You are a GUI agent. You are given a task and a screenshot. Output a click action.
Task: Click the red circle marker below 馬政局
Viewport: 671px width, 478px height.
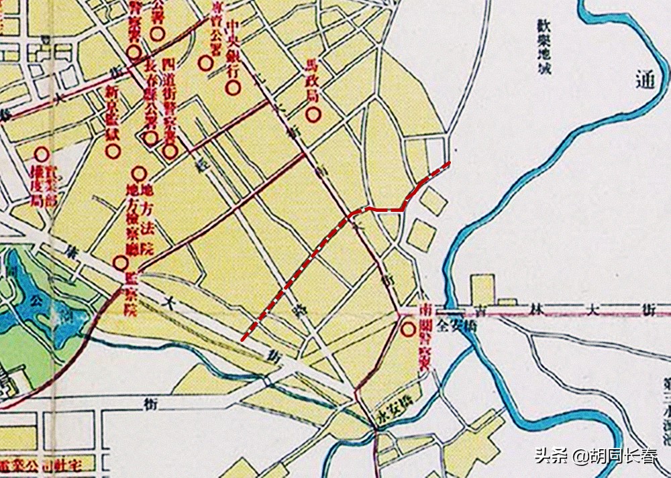313,115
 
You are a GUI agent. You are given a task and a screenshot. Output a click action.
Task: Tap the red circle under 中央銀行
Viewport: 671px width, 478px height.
233,87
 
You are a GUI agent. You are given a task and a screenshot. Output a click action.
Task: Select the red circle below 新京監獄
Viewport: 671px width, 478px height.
113,152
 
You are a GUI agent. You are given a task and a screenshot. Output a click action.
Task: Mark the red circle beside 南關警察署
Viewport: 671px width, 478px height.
407,330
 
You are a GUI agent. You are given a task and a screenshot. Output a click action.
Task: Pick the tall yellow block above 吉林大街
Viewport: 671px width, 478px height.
482,290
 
